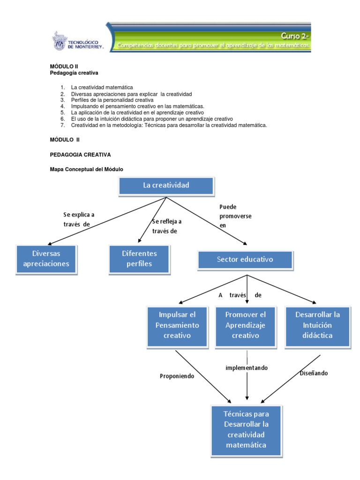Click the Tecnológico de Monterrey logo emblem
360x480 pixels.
click(60, 41)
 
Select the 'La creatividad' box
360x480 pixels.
click(166, 186)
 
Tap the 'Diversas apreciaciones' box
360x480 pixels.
click(46, 259)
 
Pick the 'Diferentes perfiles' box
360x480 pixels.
click(139, 259)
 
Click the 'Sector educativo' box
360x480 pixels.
click(245, 260)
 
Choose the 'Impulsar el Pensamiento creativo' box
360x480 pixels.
click(177, 326)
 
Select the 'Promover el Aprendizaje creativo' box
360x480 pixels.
click(246, 326)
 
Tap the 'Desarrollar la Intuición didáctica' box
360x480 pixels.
click(317, 326)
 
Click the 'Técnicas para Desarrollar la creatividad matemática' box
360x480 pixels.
click(246, 430)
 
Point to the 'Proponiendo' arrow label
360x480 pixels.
click(177, 376)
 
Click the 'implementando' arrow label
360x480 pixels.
click(247, 367)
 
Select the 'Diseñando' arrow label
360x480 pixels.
click(314, 373)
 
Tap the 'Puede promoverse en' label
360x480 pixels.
click(235, 216)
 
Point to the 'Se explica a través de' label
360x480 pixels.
click(79, 219)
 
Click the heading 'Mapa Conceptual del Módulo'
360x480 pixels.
click(86, 169)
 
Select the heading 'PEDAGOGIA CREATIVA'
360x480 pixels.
click(80, 155)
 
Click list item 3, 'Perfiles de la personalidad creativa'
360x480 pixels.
click(112, 100)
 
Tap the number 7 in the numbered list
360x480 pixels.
click(62, 125)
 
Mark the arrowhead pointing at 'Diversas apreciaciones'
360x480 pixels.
click(50, 243)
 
